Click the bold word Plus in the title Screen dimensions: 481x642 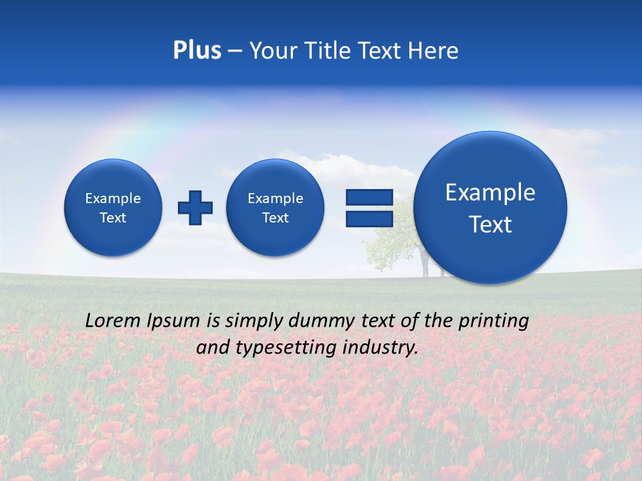pos(197,51)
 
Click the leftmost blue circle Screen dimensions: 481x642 pos(113,208)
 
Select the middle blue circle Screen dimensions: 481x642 pos(276,208)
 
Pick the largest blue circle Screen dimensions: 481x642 pos(490,208)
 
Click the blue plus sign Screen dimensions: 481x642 pos(195,208)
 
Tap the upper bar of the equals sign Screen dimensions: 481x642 pos(369,197)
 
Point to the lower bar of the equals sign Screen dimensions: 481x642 pos(369,218)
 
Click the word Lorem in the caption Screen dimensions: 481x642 pos(112,321)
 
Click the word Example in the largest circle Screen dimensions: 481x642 pos(490,192)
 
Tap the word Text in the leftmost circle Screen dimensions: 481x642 pos(113,218)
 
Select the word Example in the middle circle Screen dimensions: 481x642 pos(276,198)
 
